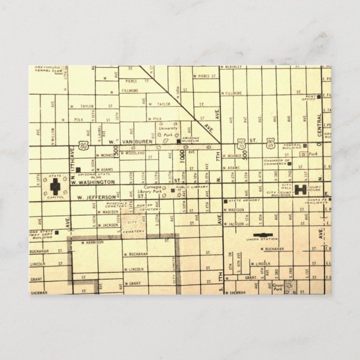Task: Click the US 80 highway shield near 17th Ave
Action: pyautogui.click(x=83, y=146)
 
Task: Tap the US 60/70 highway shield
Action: pyautogui.click(x=241, y=144)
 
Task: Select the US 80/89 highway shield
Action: pyautogui.click(x=271, y=143)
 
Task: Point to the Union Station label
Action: pyautogui.click(x=262, y=240)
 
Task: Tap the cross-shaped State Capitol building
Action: pyautogui.click(x=56, y=187)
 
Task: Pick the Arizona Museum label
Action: pyautogui.click(x=191, y=143)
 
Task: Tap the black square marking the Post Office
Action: pyautogui.click(x=319, y=97)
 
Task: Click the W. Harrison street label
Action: pyautogui.click(x=91, y=242)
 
